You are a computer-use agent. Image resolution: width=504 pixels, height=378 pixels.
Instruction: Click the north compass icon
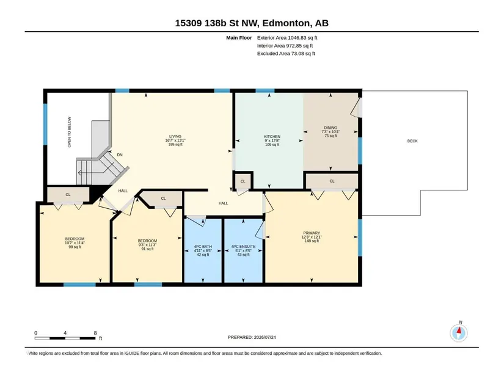pyautogui.click(x=459, y=333)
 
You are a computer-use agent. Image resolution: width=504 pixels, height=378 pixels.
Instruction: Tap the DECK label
pyautogui.click(x=412, y=141)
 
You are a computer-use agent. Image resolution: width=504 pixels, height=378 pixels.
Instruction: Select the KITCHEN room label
pyautogui.click(x=272, y=137)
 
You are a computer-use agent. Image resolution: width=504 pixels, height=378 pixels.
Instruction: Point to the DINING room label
pyautogui.click(x=331, y=128)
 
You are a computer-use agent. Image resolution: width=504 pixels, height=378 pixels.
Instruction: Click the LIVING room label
pyautogui.click(x=175, y=136)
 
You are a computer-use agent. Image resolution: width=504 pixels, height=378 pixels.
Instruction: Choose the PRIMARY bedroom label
pyautogui.click(x=312, y=233)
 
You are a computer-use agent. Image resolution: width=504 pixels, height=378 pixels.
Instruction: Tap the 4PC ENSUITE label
pyautogui.click(x=243, y=247)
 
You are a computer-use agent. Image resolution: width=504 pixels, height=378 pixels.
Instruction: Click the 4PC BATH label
pyautogui.click(x=203, y=247)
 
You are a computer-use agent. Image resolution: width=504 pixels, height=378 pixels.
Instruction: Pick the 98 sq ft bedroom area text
pyautogui.click(x=75, y=247)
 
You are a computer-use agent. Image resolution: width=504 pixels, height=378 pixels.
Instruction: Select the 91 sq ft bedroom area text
pyautogui.click(x=148, y=249)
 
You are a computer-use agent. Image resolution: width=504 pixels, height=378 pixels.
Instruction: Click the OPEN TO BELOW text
pyautogui.click(x=70, y=132)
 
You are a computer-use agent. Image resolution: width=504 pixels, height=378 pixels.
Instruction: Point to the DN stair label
pyautogui.click(x=120, y=155)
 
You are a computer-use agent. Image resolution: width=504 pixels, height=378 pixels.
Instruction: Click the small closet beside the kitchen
pyautogui.click(x=243, y=181)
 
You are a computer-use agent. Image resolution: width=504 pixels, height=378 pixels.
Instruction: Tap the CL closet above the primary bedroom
pyautogui.click(x=332, y=181)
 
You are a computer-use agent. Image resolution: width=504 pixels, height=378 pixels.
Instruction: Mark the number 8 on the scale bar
pyautogui.click(x=95, y=333)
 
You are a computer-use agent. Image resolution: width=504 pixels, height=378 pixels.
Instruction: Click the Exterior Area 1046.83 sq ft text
pyautogui.click(x=287, y=38)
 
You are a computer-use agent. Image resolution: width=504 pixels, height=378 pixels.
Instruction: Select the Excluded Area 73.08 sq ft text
pyautogui.click(x=286, y=54)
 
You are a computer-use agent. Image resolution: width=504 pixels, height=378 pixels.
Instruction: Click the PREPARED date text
pyautogui.click(x=252, y=338)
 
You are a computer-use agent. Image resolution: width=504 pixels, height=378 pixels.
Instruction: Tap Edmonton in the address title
pyautogui.click(x=287, y=23)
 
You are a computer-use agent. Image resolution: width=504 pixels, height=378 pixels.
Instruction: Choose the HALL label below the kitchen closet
pyautogui.click(x=224, y=203)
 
